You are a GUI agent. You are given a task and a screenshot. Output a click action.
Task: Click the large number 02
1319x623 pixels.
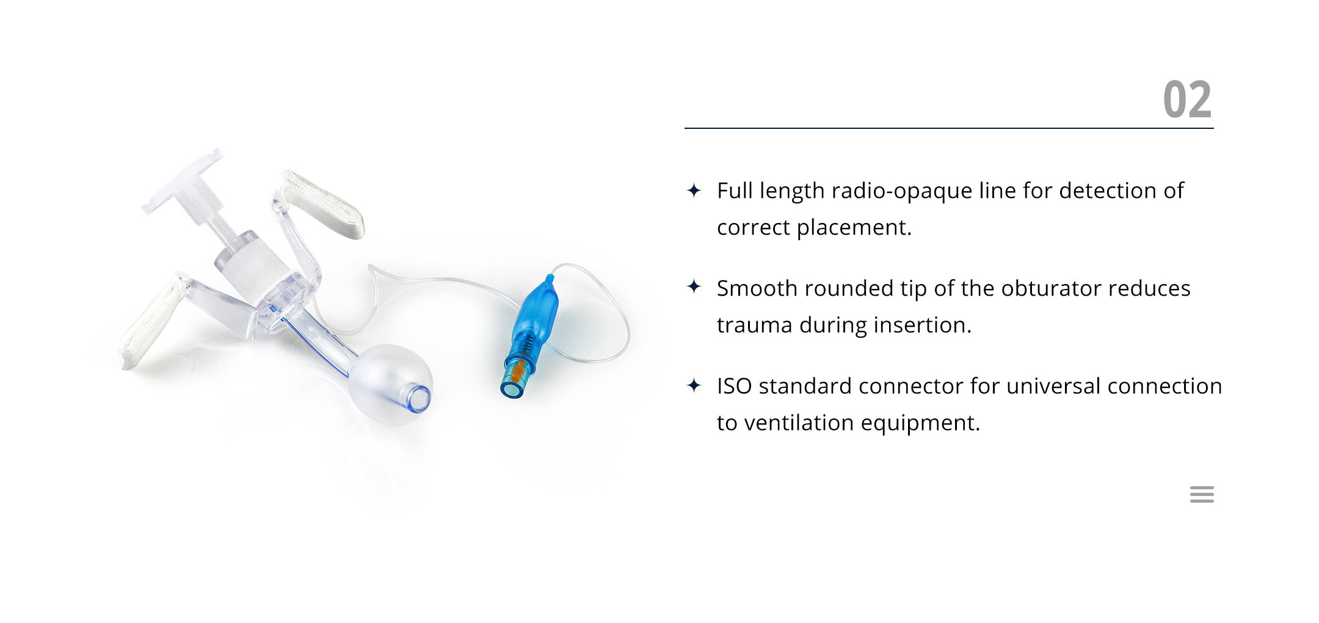point(1187,100)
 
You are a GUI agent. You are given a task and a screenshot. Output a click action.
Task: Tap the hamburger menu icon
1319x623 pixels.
point(1202,494)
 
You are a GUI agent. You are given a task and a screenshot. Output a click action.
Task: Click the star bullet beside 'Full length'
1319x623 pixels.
point(694,191)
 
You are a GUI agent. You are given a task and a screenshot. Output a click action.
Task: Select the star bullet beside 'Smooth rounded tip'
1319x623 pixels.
point(694,286)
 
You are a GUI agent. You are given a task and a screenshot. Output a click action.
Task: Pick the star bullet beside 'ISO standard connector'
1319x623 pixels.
point(694,385)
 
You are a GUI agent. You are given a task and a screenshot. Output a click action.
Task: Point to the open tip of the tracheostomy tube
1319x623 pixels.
point(420,398)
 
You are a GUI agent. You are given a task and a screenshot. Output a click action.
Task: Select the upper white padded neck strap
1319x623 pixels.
point(324,204)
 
